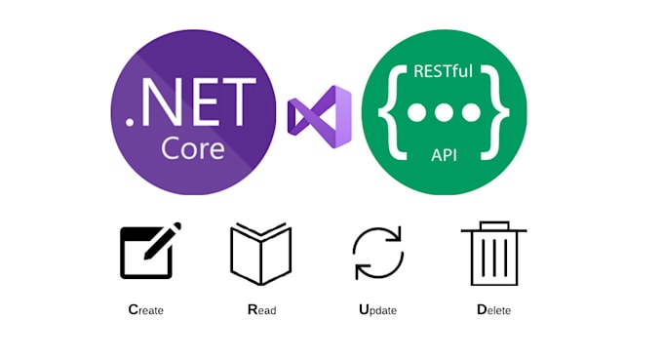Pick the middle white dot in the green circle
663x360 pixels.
click(x=444, y=112)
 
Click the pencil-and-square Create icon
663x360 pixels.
click(x=148, y=253)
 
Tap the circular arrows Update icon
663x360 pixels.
click(x=376, y=253)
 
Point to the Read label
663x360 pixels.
click(x=261, y=310)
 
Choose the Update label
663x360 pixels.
click(x=377, y=310)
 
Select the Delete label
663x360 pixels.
click(x=493, y=310)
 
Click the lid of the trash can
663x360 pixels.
click(x=493, y=228)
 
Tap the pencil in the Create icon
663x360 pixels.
click(x=165, y=240)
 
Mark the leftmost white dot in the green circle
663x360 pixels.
click(x=416, y=112)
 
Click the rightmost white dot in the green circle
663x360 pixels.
click(x=471, y=112)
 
